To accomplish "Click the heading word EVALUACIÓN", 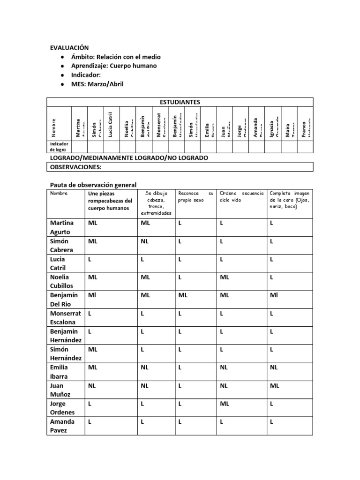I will click(x=69, y=48).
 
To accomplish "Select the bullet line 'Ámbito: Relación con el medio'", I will click(x=115, y=57).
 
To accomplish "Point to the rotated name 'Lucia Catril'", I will click(x=111, y=124).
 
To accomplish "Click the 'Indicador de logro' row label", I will click(x=59, y=147).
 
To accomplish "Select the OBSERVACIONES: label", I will click(x=76, y=167).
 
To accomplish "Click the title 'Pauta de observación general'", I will click(x=93, y=185).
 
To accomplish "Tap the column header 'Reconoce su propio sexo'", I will click(x=195, y=196).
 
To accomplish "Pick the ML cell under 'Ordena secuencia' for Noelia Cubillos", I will click(x=225, y=277).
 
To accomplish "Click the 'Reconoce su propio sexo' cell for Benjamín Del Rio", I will click(x=183, y=295).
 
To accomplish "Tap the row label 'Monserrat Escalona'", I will click(x=65, y=317).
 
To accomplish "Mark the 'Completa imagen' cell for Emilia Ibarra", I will click(x=274, y=367).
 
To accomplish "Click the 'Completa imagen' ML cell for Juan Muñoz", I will click(x=274, y=385).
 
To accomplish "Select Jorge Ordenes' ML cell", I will click(x=225, y=404).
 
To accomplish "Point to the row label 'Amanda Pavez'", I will click(x=62, y=426).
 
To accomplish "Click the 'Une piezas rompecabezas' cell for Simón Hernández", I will click(x=93, y=349).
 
